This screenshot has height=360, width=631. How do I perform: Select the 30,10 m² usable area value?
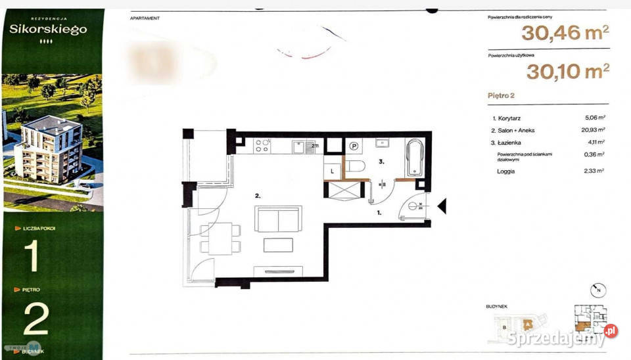(x=567, y=71)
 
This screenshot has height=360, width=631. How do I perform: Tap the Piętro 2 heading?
(x=501, y=96)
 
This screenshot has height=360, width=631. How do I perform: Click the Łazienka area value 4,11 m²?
(x=595, y=142)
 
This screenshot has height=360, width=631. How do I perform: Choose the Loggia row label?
(x=507, y=171)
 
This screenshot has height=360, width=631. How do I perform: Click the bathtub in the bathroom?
(x=415, y=158)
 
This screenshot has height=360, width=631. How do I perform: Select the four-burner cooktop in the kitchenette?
(x=261, y=145)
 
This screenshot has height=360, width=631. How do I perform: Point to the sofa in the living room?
(x=278, y=218)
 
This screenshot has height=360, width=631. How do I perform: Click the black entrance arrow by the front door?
(x=442, y=207)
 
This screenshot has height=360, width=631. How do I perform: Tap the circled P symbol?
(x=354, y=146)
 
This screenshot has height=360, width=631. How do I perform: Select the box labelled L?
(x=333, y=170)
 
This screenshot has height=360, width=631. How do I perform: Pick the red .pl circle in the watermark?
(x=611, y=332)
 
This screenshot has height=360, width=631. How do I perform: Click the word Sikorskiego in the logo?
(x=48, y=29)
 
